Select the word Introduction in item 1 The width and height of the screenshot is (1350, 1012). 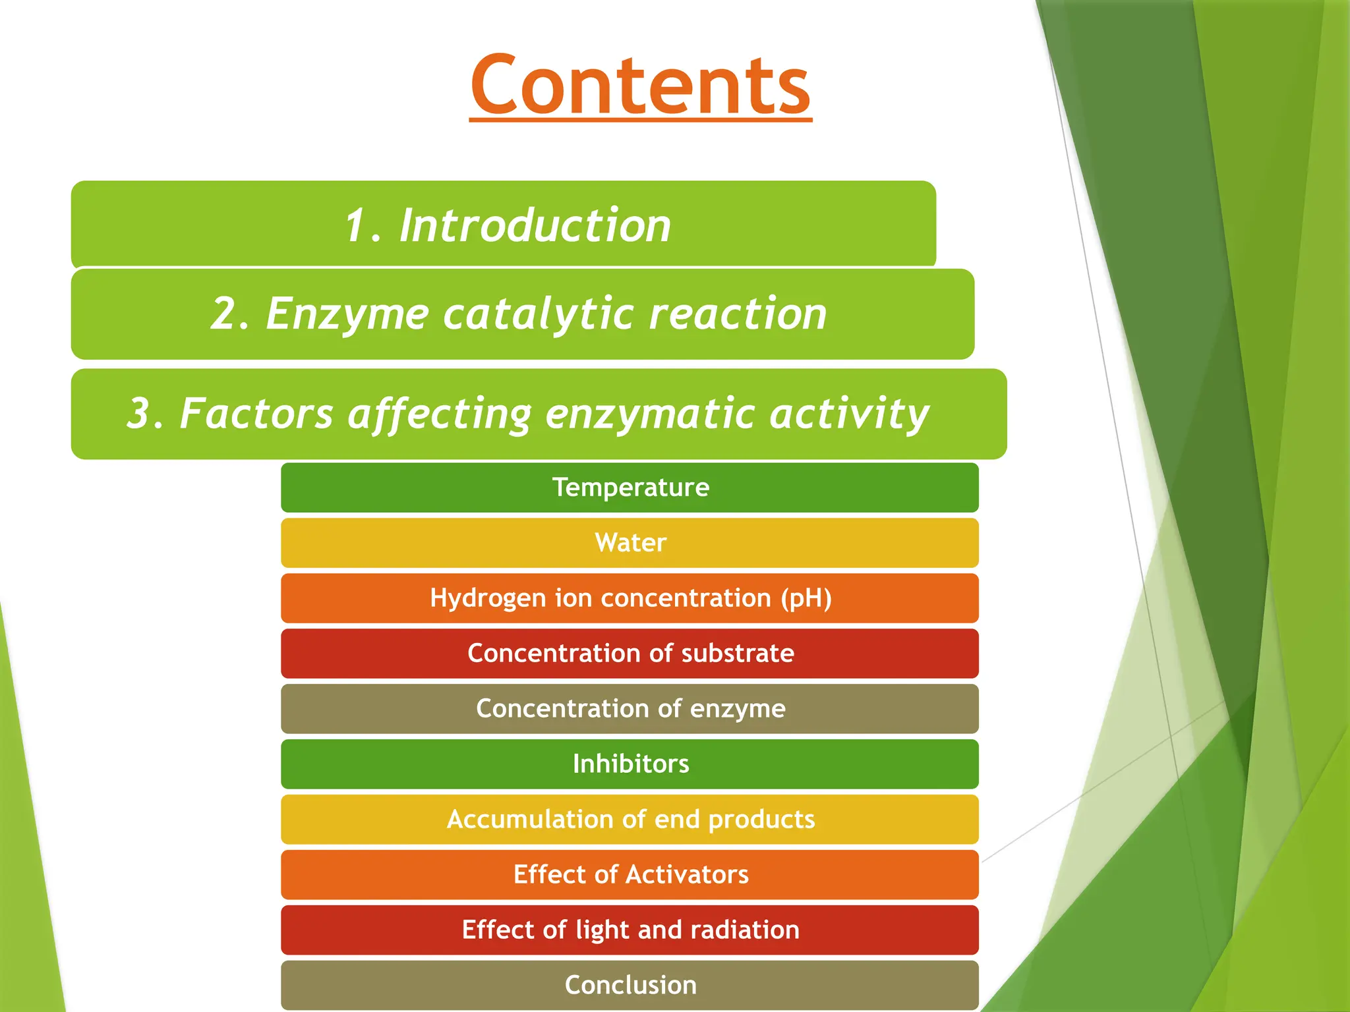click(535, 225)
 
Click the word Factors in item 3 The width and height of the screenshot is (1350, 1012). click(256, 413)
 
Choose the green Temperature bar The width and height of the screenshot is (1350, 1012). click(630, 488)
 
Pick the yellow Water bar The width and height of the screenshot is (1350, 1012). click(630, 543)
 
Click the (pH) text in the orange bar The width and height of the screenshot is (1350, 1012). click(806, 598)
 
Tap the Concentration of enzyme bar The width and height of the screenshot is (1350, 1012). click(630, 709)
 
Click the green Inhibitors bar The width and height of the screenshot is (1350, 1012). click(630, 764)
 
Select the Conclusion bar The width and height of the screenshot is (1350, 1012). click(630, 985)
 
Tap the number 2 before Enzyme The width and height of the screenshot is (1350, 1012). click(224, 313)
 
